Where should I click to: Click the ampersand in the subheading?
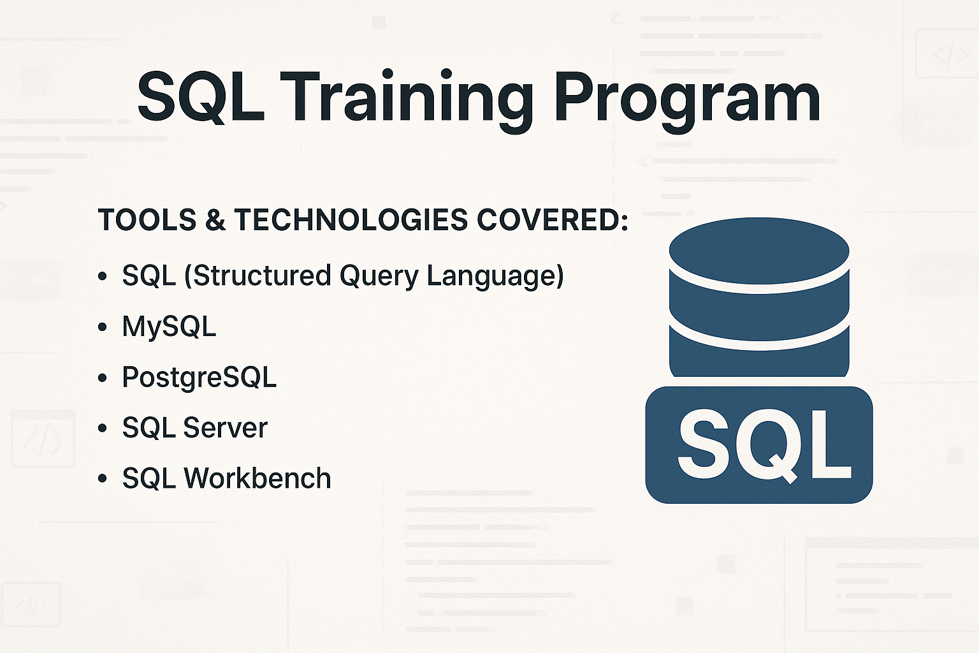pos(216,220)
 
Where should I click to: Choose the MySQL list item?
pos(169,326)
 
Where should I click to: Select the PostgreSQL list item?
pos(199,377)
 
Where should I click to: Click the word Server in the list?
pos(226,427)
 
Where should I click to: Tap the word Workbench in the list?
pos(257,478)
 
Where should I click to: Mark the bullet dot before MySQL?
pos(103,327)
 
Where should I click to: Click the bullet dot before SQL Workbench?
pos(103,479)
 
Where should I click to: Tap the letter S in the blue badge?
pos(703,444)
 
